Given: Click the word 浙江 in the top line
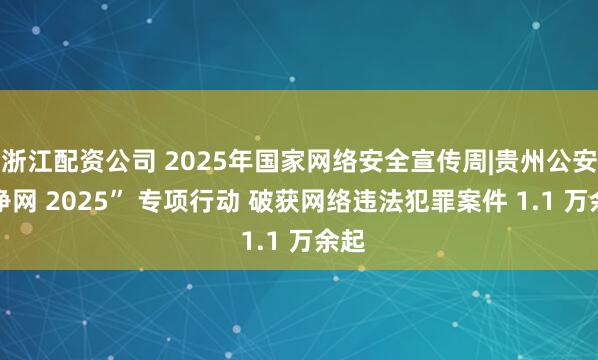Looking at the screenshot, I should (x=26, y=158).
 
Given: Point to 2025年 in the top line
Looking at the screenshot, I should (x=176, y=158).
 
